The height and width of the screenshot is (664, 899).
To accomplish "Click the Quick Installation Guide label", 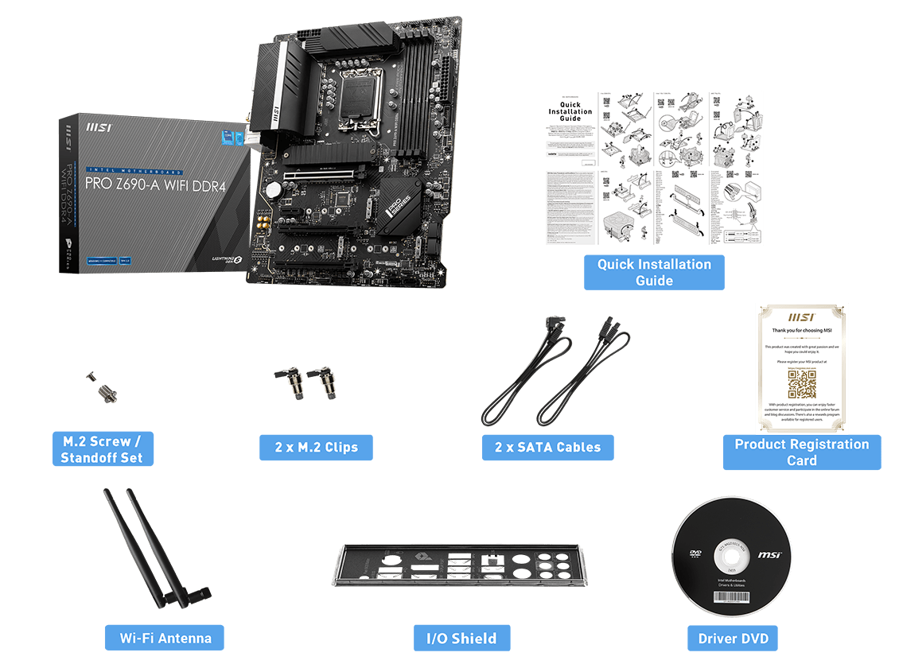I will coord(654,272).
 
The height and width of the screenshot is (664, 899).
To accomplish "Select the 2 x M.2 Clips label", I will coord(317,447).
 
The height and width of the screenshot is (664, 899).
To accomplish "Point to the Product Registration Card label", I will coord(801,452).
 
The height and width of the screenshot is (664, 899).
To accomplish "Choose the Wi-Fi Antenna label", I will coord(165,638).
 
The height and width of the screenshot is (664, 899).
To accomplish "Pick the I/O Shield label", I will coord(461,638).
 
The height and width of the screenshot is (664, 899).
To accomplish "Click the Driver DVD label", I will coord(733,639).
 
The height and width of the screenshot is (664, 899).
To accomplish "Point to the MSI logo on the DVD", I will coord(769,555).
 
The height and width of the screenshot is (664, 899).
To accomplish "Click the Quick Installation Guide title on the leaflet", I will coord(570,111).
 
